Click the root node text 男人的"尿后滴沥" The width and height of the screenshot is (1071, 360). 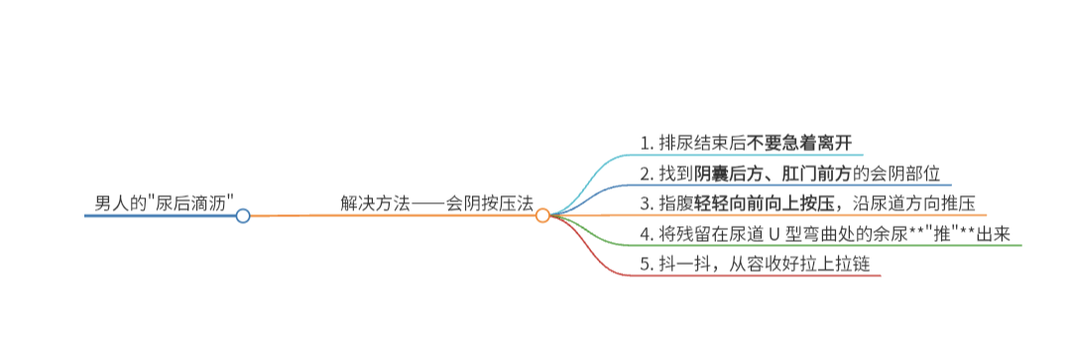click(164, 202)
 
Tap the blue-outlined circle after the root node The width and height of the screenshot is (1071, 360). click(243, 216)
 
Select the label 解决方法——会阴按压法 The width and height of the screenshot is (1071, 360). click(436, 202)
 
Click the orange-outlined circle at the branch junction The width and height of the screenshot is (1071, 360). click(542, 216)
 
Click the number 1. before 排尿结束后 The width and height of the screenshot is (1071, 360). click(648, 144)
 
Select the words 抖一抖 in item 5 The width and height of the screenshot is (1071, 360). click(682, 265)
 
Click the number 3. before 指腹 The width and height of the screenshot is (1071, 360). click(648, 204)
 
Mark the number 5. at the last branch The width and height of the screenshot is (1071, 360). click(648, 265)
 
